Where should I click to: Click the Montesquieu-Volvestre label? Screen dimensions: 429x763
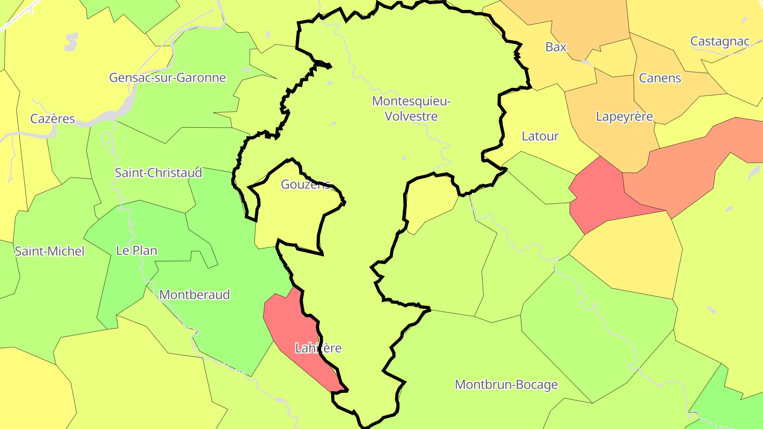click(x=411, y=108)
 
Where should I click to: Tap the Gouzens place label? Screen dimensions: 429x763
click(x=305, y=184)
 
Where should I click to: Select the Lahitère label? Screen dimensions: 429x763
click(x=318, y=348)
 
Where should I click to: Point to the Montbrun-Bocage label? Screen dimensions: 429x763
click(x=506, y=384)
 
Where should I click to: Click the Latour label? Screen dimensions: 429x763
click(x=540, y=136)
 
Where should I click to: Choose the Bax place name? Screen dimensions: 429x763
click(x=556, y=47)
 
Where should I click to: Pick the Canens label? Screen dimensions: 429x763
click(x=660, y=78)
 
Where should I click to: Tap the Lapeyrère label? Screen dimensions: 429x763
click(x=624, y=116)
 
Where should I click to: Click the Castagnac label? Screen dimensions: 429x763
click(x=720, y=41)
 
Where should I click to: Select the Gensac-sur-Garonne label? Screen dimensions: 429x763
click(x=167, y=77)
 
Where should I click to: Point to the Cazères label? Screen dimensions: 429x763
click(x=52, y=119)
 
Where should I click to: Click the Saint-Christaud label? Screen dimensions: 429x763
click(x=158, y=173)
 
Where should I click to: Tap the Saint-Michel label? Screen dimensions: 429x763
click(x=49, y=251)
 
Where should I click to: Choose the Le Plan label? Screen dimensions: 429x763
click(x=137, y=250)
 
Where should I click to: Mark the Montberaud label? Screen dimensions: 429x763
click(x=194, y=294)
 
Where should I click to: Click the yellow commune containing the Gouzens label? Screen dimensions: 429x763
click(x=289, y=217)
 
